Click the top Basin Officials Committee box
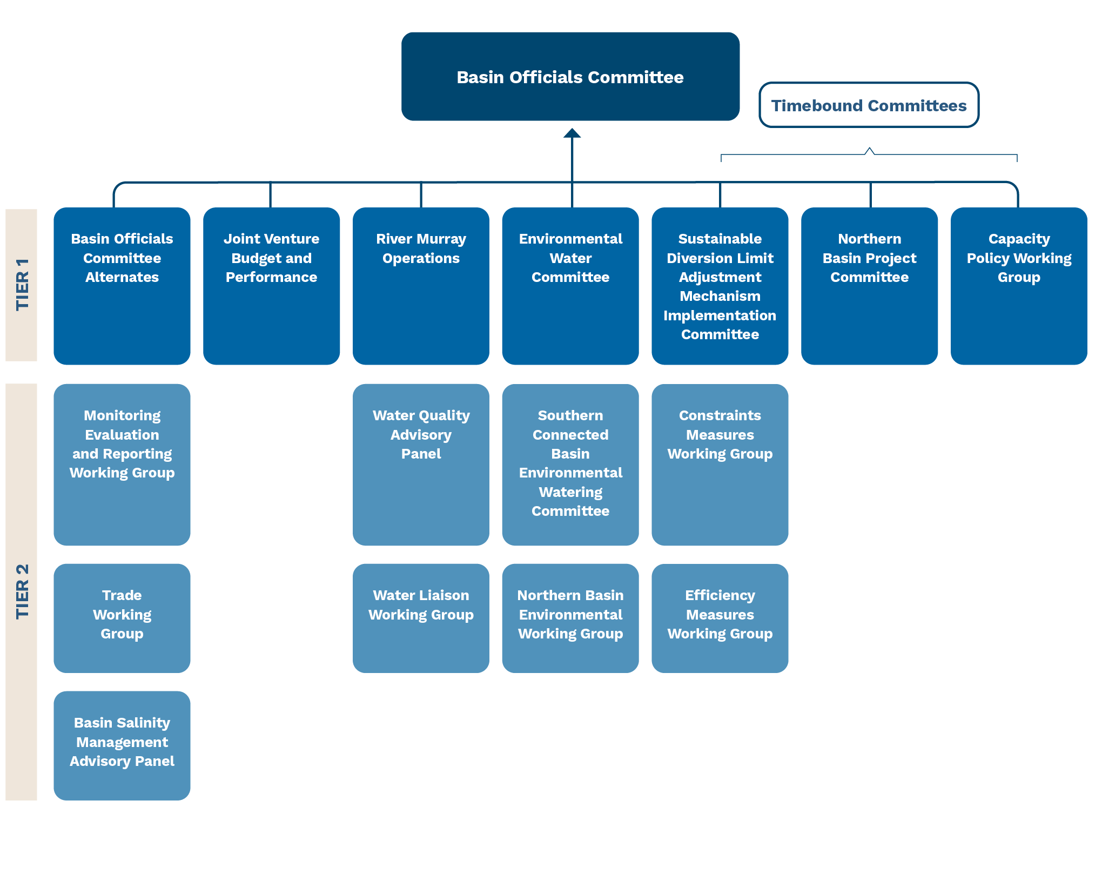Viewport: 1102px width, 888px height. [570, 77]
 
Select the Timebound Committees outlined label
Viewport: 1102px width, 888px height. [869, 105]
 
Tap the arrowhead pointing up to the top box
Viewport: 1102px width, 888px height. [572, 133]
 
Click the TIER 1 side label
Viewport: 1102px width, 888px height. [22, 285]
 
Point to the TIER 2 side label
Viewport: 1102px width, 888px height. [22, 592]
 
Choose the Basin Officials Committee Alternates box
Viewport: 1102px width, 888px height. [122, 286]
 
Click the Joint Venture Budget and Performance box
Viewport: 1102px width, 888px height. [272, 286]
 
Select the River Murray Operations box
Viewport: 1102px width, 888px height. [421, 286]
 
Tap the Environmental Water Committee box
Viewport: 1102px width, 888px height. [570, 286]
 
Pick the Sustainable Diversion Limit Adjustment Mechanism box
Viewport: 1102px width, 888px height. [720, 286]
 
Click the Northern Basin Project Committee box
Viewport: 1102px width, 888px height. [869, 286]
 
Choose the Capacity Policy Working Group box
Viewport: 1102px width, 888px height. [1019, 286]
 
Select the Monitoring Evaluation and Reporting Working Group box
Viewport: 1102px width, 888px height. [122, 465]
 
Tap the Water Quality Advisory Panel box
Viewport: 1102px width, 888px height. [421, 465]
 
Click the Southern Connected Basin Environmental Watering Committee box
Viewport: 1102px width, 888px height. [570, 465]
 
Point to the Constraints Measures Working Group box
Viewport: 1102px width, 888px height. [720, 465]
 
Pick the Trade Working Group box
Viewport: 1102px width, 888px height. [122, 618]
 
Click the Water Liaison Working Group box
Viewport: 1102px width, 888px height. [421, 618]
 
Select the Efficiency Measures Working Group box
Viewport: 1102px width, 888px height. [720, 618]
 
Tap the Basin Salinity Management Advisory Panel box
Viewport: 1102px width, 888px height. [122, 746]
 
